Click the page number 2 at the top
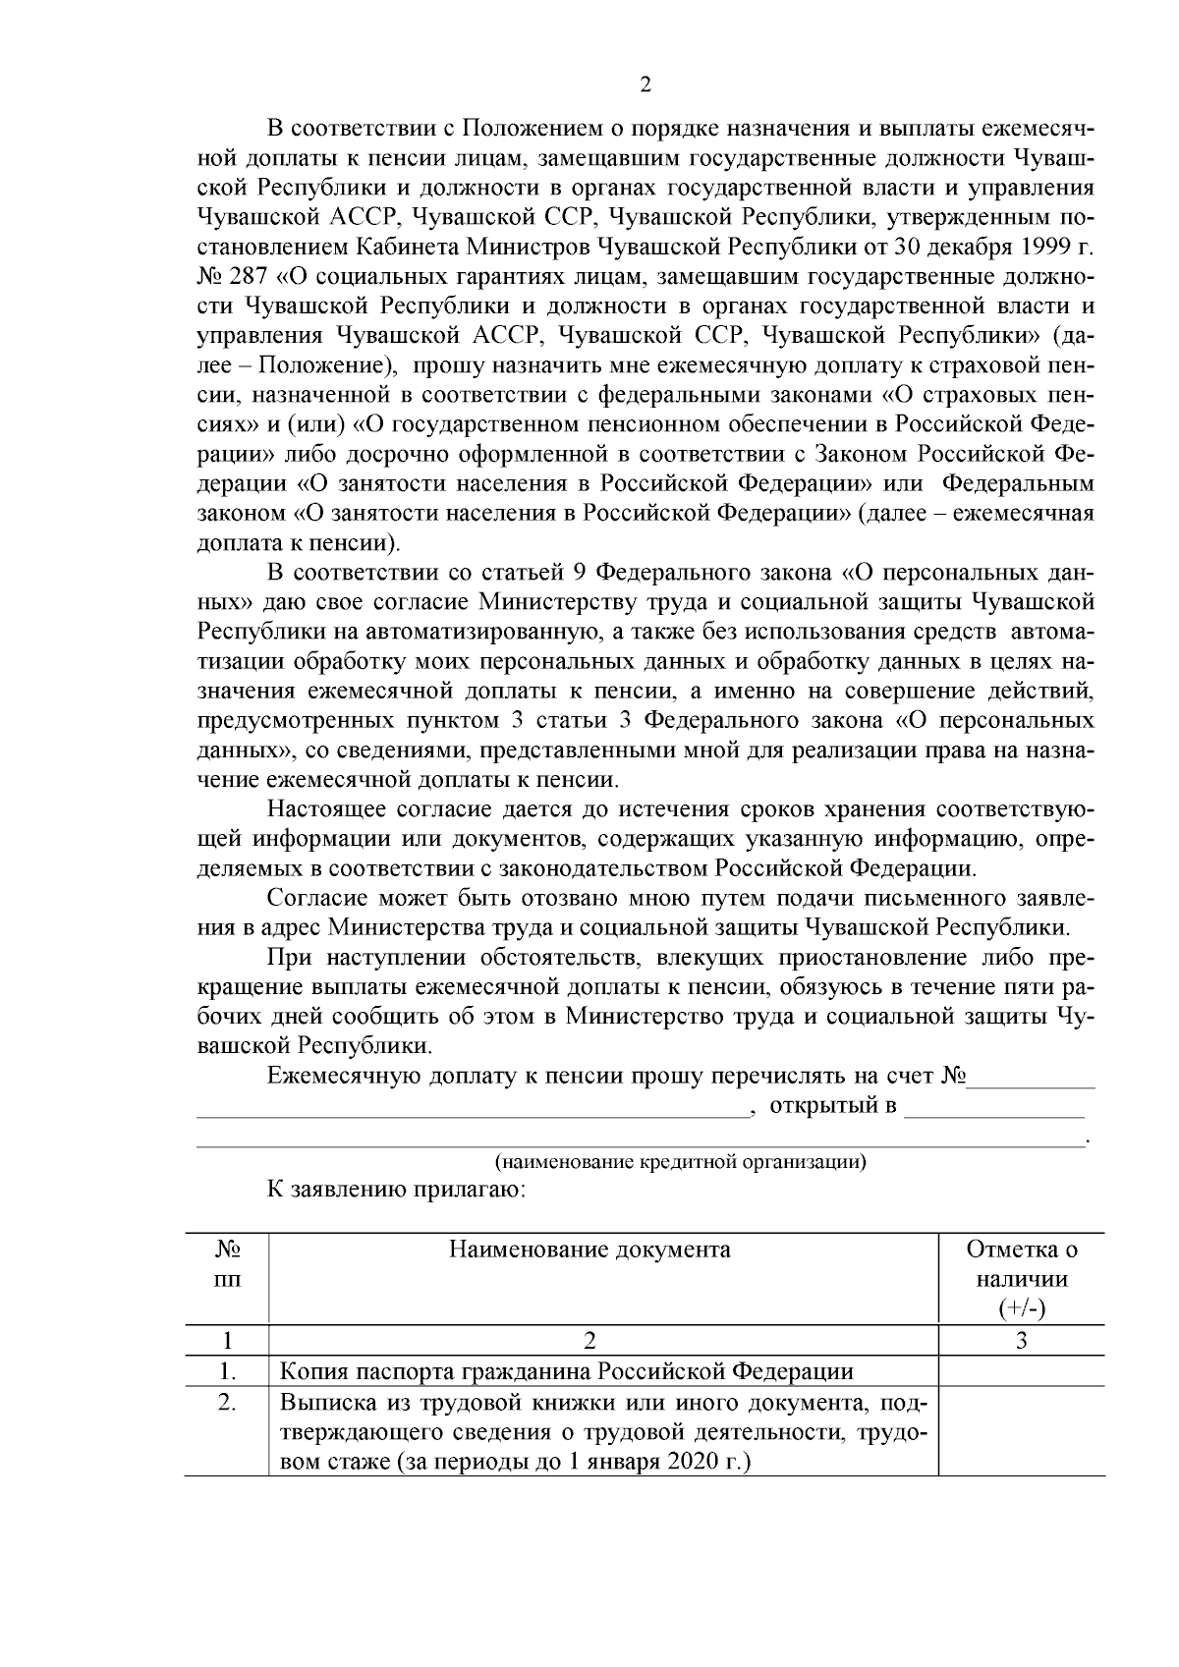pos(645,85)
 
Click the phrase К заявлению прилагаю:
pos(398,1191)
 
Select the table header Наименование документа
pos(589,1250)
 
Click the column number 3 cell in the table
pos(1021,1340)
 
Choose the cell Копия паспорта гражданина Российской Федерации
pos(567,1370)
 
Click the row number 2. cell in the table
pos(227,1402)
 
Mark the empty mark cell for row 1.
pos(1021,1370)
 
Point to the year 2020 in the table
pos(695,1461)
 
